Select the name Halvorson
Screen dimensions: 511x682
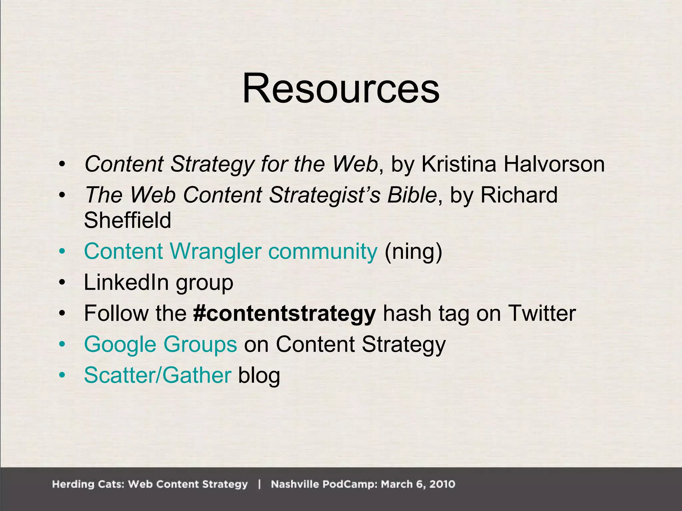(x=554, y=164)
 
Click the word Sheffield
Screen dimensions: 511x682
(x=128, y=220)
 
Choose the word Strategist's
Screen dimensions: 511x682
(x=324, y=195)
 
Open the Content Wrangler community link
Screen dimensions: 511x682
(x=230, y=251)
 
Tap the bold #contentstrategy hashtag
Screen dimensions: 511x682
(x=284, y=313)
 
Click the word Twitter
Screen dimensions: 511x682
(x=542, y=313)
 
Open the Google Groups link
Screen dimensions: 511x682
(x=161, y=344)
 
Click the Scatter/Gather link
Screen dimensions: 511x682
(x=158, y=375)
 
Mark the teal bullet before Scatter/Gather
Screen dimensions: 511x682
(x=62, y=375)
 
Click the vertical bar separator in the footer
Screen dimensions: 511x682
(x=259, y=484)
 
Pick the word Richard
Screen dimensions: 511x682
(x=519, y=195)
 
